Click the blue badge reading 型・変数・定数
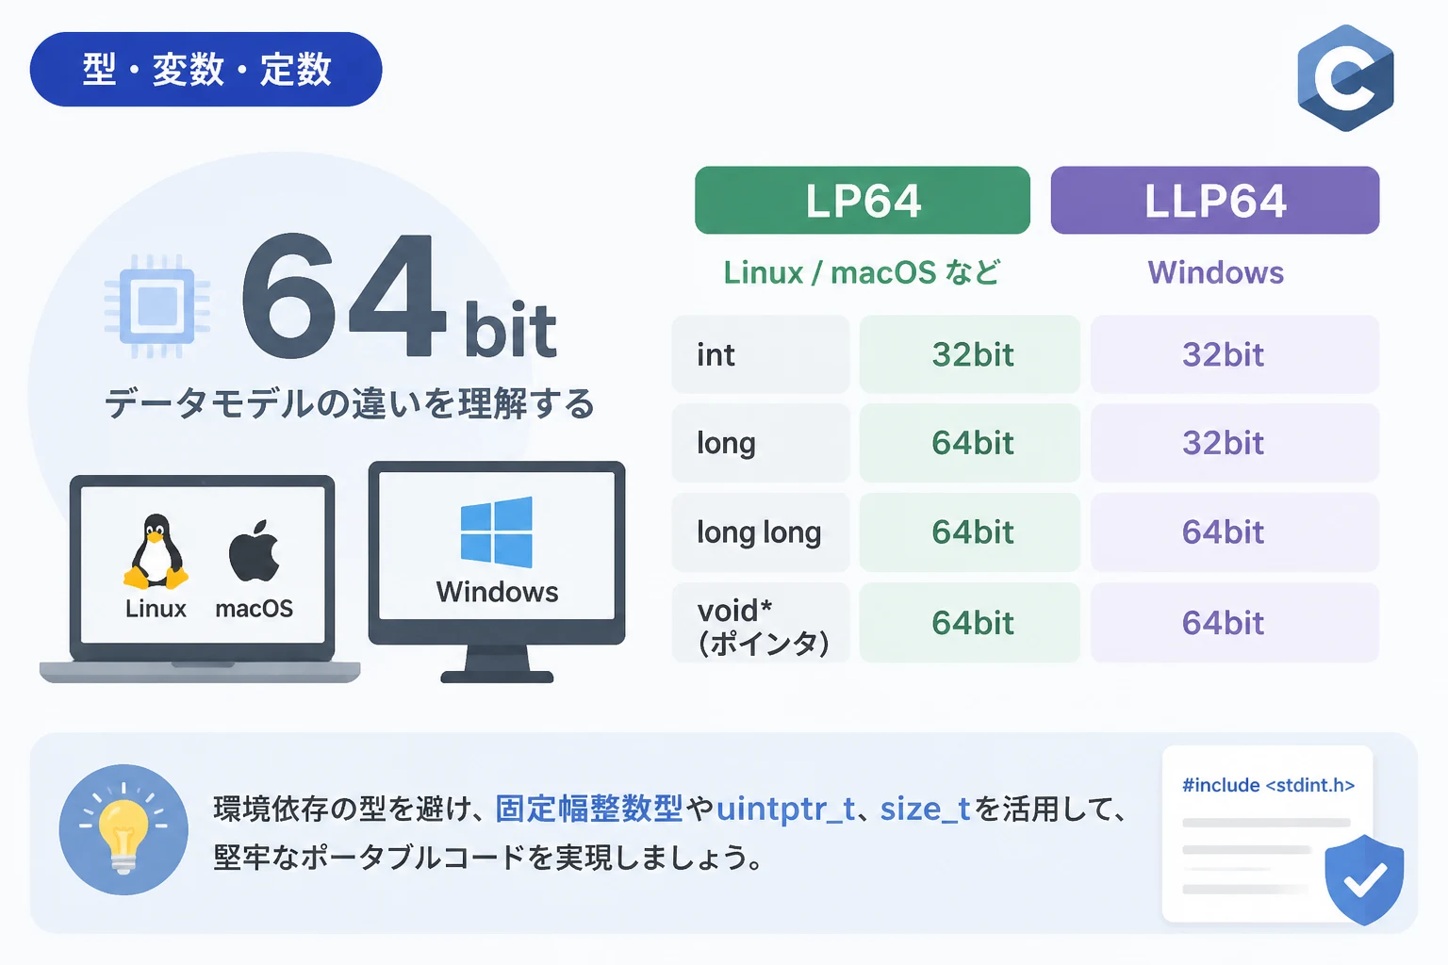click(x=206, y=69)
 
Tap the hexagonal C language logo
click(x=1345, y=78)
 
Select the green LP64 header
click(x=863, y=201)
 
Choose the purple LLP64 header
click(x=1214, y=201)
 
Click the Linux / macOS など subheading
click(x=862, y=272)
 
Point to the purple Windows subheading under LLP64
click(x=1215, y=272)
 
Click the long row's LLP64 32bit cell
click(x=1235, y=443)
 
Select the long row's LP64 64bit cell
click(x=970, y=443)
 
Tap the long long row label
click(x=760, y=532)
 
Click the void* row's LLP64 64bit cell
click(x=1235, y=622)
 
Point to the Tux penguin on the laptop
click(x=156, y=551)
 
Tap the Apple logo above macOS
click(x=254, y=550)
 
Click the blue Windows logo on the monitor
click(x=497, y=532)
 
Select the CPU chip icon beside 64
click(x=157, y=305)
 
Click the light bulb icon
click(x=123, y=828)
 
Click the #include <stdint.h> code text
click(x=1268, y=785)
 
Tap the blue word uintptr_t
click(x=785, y=809)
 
